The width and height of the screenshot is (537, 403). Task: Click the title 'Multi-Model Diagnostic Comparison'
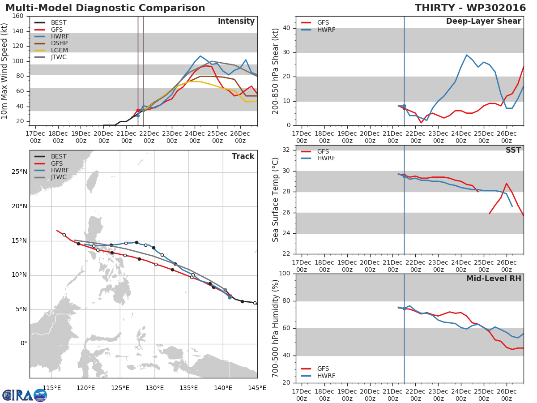click(105, 8)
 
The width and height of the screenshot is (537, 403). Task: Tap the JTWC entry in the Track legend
click(59, 177)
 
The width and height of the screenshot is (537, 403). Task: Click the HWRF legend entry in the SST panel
click(326, 159)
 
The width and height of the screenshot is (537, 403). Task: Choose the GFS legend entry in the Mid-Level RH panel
click(323, 369)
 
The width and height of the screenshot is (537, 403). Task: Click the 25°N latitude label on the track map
click(19, 172)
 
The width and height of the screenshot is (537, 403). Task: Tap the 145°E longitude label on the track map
click(257, 388)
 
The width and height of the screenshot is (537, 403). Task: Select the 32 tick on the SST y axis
click(287, 150)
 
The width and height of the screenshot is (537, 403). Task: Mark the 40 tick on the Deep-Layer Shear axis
click(287, 28)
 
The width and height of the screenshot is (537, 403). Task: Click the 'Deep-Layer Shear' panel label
click(483, 21)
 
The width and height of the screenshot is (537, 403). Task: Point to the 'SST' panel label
click(513, 150)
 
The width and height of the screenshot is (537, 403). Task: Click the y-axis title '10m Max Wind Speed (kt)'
click(5, 70)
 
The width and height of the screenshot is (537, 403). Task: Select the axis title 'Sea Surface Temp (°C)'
click(276, 200)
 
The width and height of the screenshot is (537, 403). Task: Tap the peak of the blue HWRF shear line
click(467, 55)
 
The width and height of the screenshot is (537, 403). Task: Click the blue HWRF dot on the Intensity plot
click(138, 116)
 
